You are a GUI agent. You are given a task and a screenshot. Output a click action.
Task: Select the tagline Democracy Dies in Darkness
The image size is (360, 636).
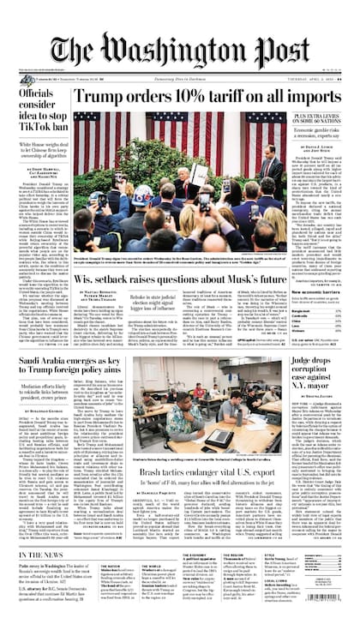click(179, 76)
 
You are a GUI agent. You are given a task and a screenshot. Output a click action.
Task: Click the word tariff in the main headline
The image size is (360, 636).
click(218, 96)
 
